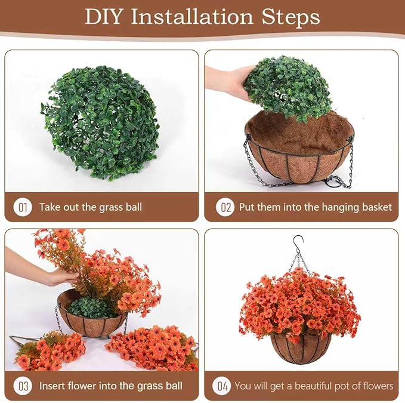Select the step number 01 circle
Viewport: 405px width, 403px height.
coord(23,207)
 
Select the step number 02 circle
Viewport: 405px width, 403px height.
coord(225,207)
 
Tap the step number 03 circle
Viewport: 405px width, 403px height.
coord(23,386)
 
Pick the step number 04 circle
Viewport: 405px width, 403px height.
coord(222,386)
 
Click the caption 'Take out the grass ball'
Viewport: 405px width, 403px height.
coord(91,207)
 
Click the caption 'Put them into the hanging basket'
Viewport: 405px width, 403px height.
coord(316,207)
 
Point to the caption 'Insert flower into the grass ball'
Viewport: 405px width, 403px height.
coord(111,386)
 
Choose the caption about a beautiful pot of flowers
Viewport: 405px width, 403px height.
coord(314,386)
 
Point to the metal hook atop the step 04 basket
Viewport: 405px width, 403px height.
coord(298,242)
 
